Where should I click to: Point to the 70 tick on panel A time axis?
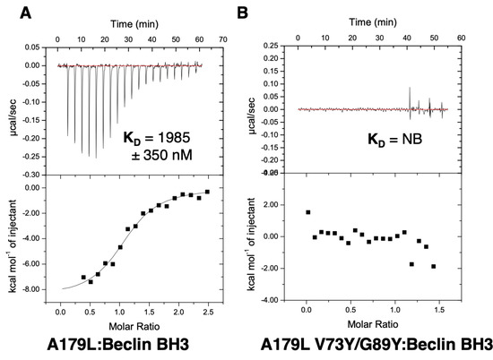[221, 39]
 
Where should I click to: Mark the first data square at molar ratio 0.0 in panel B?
[307, 213]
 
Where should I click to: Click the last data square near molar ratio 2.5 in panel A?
[207, 192]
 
